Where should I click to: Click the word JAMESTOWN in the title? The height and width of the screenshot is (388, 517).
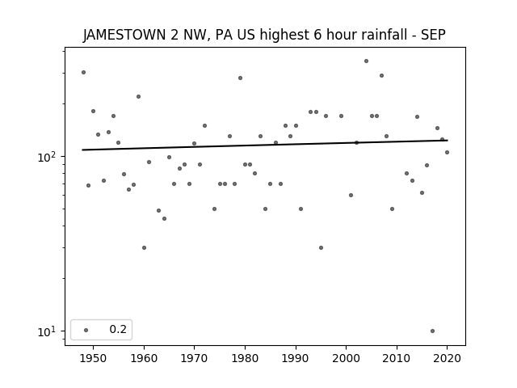(124, 35)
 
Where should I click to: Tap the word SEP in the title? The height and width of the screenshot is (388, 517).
(433, 35)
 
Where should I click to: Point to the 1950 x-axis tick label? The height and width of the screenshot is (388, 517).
(94, 358)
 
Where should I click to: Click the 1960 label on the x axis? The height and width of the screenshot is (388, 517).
(144, 358)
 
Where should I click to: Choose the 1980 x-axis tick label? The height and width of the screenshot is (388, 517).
(245, 358)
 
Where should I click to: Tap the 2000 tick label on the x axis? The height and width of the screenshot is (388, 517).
(347, 358)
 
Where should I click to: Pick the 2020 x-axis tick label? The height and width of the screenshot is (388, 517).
(447, 358)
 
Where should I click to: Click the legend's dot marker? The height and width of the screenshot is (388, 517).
(86, 330)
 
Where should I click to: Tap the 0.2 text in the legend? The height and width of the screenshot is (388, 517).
(118, 329)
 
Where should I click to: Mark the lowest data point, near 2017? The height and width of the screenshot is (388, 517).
(433, 331)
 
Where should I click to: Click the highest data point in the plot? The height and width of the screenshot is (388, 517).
(366, 61)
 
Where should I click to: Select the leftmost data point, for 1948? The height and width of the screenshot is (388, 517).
(83, 72)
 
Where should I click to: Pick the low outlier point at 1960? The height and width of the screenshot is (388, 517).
(144, 248)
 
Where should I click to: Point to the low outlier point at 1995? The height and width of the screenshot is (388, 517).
(322, 248)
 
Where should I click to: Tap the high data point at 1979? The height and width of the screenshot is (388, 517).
(241, 78)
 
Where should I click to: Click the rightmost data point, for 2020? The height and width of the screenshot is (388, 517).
(447, 153)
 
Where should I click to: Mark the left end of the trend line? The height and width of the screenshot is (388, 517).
(82, 150)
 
